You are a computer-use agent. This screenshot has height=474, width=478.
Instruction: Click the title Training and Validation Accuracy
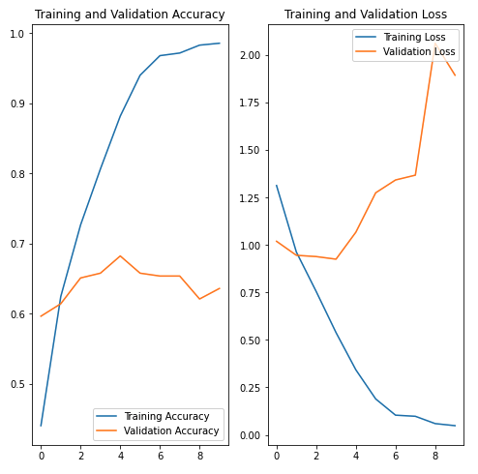pyautogui.click(x=130, y=15)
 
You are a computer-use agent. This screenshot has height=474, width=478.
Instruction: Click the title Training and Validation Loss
pyautogui.click(x=366, y=15)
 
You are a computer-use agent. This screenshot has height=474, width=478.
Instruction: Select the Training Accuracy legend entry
pyautogui.click(x=153, y=416)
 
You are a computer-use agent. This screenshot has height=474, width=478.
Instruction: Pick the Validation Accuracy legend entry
pyautogui.click(x=158, y=431)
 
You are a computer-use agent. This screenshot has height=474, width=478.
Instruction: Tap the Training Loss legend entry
pyautogui.click(x=401, y=37)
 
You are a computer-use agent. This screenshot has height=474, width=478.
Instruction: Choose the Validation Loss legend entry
pyautogui.click(x=405, y=51)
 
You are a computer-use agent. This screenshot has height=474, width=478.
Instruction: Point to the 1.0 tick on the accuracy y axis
pyautogui.click(x=17, y=34)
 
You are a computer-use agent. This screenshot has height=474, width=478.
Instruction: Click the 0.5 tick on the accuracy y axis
pyautogui.click(x=17, y=384)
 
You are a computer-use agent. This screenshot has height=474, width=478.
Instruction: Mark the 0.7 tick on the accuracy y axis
pyautogui.click(x=17, y=244)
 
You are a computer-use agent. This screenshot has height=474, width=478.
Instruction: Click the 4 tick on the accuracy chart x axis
pyautogui.click(x=121, y=456)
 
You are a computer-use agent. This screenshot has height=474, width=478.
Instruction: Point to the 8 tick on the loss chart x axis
pyautogui.click(x=435, y=456)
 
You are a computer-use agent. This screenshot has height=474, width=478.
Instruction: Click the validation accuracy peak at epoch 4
pyautogui.click(x=120, y=256)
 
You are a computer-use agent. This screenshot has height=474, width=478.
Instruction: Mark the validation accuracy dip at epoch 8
pyautogui.click(x=200, y=299)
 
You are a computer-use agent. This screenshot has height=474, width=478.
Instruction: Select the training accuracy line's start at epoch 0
pyautogui.click(x=41, y=426)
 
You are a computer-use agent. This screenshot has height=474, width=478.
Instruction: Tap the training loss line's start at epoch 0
pyautogui.click(x=277, y=186)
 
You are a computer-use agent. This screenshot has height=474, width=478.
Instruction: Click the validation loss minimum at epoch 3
pyautogui.click(x=336, y=259)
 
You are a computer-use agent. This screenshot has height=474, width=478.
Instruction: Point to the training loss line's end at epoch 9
pyautogui.click(x=455, y=426)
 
